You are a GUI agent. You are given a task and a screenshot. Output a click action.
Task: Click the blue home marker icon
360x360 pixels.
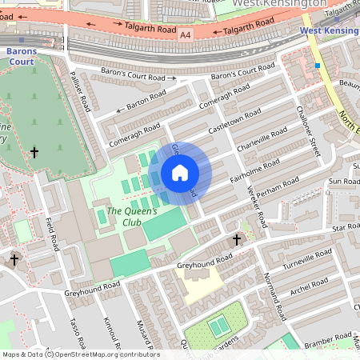180,172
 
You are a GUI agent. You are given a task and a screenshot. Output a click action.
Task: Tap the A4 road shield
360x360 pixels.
186,35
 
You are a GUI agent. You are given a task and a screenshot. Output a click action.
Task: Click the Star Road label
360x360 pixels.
347,227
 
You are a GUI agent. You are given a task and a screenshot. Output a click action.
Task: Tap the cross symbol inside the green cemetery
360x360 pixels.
34,152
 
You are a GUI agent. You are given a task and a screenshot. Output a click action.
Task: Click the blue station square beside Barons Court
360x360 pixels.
22,39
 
